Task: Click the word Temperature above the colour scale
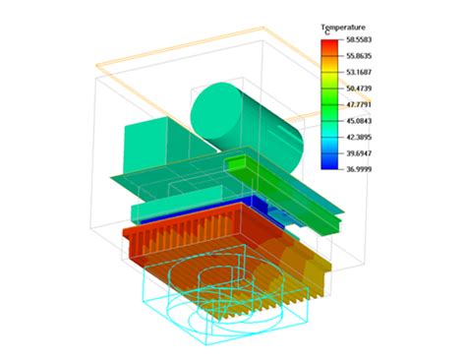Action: [344, 27]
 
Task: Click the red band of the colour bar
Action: [330, 45]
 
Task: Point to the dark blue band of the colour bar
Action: [330, 161]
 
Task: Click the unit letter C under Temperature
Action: [328, 33]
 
